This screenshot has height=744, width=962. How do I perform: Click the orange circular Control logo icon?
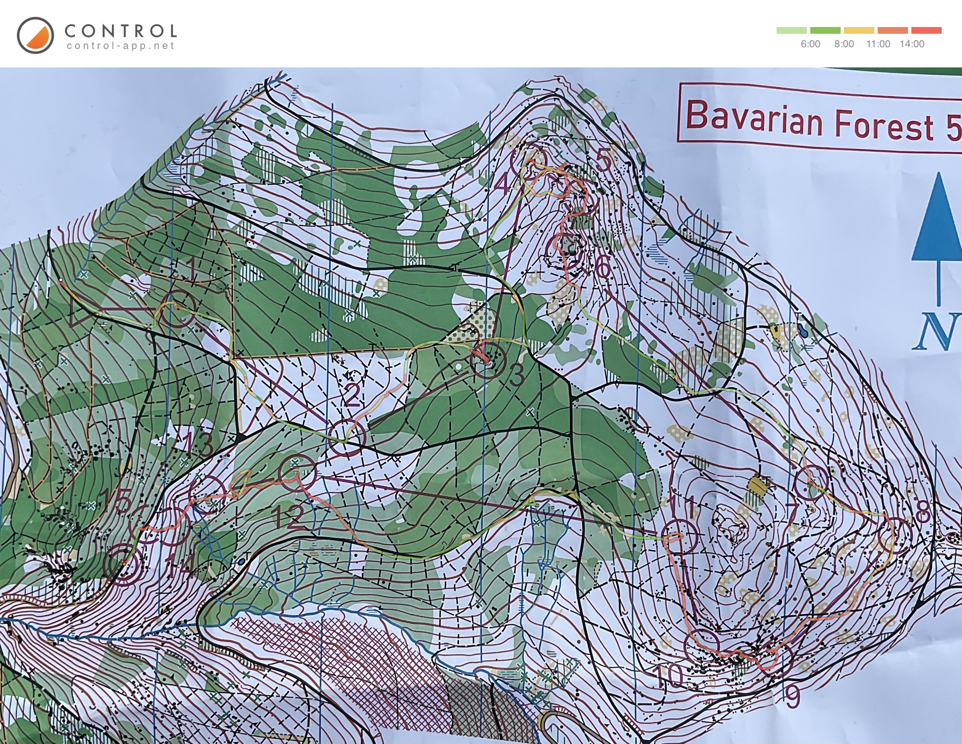tap(35, 35)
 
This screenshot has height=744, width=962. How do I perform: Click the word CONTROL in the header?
tap(121, 31)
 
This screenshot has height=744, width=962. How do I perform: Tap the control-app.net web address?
tap(121, 46)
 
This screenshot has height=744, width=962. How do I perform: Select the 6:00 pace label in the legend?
tap(810, 44)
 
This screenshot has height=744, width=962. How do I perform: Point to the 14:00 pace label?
tap(911, 44)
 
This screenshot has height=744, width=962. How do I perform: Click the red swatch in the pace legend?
tap(926, 30)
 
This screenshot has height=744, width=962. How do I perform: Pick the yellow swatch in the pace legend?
tap(859, 30)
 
